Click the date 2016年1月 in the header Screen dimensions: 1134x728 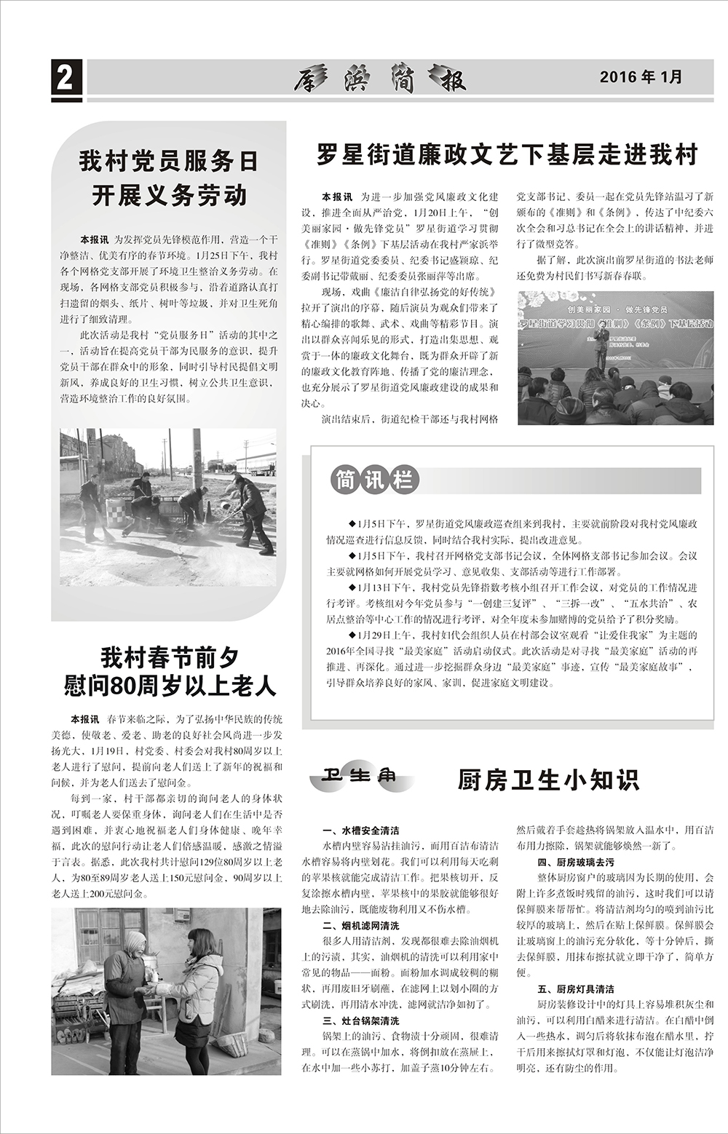(641, 76)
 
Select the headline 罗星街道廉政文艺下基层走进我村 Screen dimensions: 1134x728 (507, 154)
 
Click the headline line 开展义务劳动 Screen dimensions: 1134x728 (169, 195)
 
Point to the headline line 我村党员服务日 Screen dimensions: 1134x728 (169, 161)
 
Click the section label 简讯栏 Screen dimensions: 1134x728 (374, 480)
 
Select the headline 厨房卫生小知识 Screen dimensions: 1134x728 (547, 780)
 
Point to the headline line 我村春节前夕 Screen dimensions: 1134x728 (169, 657)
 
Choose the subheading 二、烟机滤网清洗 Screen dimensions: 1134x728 (361, 926)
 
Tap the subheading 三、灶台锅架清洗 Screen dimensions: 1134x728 (361, 1020)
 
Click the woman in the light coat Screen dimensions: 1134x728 (195, 990)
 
